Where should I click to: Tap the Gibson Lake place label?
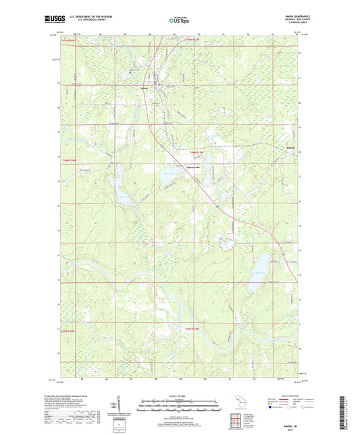[176, 168]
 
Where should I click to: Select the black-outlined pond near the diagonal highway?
[228, 242]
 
